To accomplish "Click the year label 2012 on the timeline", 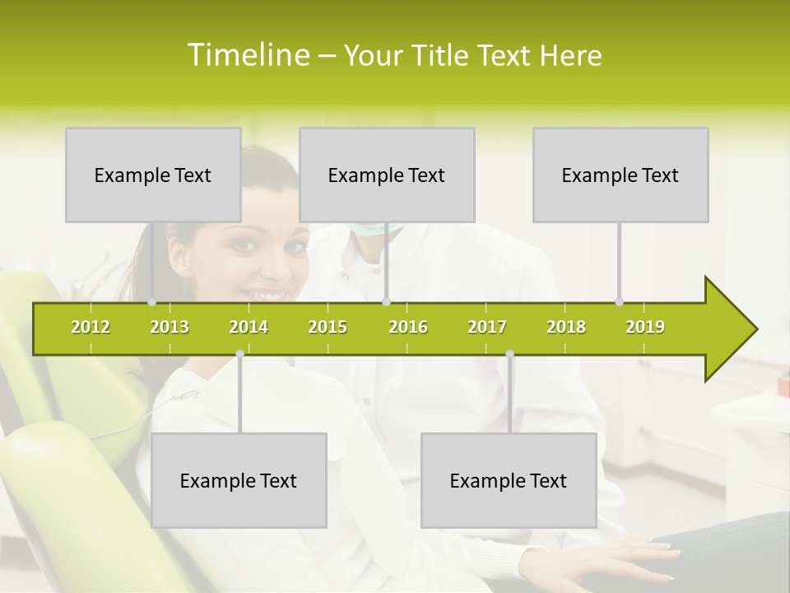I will coord(91,327).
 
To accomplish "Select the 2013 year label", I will coord(170,327).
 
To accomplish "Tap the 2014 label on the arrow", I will coord(249,327).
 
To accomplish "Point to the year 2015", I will coord(328,327).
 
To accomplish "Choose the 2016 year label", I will coord(408,327).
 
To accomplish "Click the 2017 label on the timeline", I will coord(487,327).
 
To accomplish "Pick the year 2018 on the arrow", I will coord(566,327).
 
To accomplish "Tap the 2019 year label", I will coord(645,327).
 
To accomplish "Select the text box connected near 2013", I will coord(153,175).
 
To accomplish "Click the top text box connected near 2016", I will coord(387,175).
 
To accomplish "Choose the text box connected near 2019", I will coord(620,175).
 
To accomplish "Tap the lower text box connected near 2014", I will coord(239,480).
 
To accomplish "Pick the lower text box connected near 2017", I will coord(509,480).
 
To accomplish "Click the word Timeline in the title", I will coord(247,55).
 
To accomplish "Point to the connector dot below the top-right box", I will coord(620,301).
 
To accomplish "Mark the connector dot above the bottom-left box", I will coord(239,353).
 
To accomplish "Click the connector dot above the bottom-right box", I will coord(509,353).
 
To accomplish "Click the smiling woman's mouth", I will coord(268,294).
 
